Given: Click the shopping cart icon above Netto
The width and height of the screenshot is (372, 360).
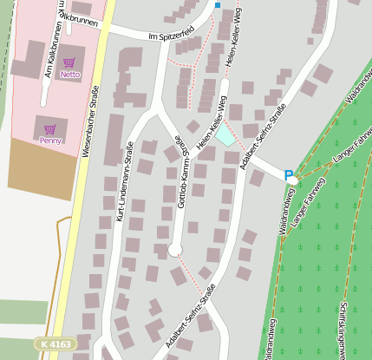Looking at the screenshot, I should [69, 63].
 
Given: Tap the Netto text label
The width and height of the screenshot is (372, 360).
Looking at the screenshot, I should [69, 75].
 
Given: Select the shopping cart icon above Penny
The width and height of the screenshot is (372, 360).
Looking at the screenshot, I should [50, 128].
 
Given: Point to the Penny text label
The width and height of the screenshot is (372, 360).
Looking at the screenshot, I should [50, 140].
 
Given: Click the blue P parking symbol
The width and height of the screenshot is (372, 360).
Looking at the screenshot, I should [289, 175].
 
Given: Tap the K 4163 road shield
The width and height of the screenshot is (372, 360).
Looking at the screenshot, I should [55, 344].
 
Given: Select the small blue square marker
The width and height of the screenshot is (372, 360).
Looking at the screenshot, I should [217, 5].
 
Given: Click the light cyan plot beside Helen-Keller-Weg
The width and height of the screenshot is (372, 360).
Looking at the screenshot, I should [225, 135].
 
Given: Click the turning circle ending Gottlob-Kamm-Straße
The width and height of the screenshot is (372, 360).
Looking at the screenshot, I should [175, 250].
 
